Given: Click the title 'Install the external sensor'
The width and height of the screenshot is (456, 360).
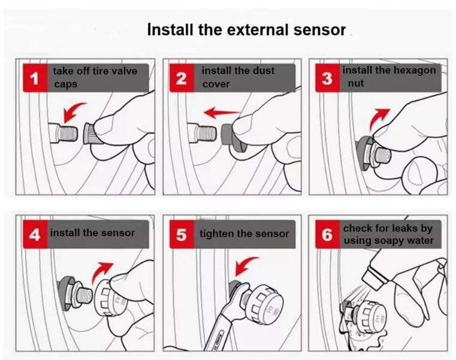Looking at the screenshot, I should (246, 30).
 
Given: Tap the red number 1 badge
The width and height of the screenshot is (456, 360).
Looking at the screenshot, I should (35, 78).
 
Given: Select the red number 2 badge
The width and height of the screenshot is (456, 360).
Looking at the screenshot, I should (182, 78).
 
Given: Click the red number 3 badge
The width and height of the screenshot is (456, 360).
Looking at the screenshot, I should (327, 78).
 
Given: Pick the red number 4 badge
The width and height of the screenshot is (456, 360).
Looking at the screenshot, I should (35, 234).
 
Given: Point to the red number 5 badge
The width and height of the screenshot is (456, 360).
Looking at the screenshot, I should (182, 234).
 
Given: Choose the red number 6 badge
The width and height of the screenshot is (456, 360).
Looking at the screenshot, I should (327, 234).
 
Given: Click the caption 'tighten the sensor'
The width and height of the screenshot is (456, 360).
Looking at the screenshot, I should (244, 234).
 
